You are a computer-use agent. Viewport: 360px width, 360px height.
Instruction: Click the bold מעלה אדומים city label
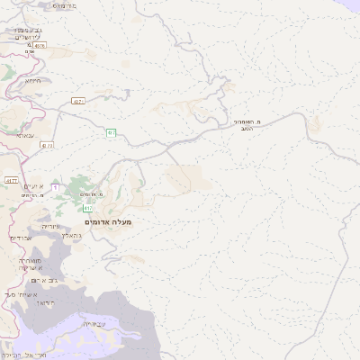click(108, 221)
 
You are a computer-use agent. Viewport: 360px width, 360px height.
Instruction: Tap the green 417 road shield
click(87, 209)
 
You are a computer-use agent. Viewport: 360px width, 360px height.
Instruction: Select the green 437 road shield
click(111, 134)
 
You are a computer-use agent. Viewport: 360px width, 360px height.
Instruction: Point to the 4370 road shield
click(40, 45)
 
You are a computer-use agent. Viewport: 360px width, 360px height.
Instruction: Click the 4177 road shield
click(12, 180)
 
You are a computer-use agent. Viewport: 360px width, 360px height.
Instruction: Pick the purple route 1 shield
click(55, 187)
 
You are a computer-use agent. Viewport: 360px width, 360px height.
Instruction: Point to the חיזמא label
click(33, 80)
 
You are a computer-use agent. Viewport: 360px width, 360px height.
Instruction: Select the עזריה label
click(50, 226)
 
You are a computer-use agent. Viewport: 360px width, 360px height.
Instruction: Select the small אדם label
click(29, 51)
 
